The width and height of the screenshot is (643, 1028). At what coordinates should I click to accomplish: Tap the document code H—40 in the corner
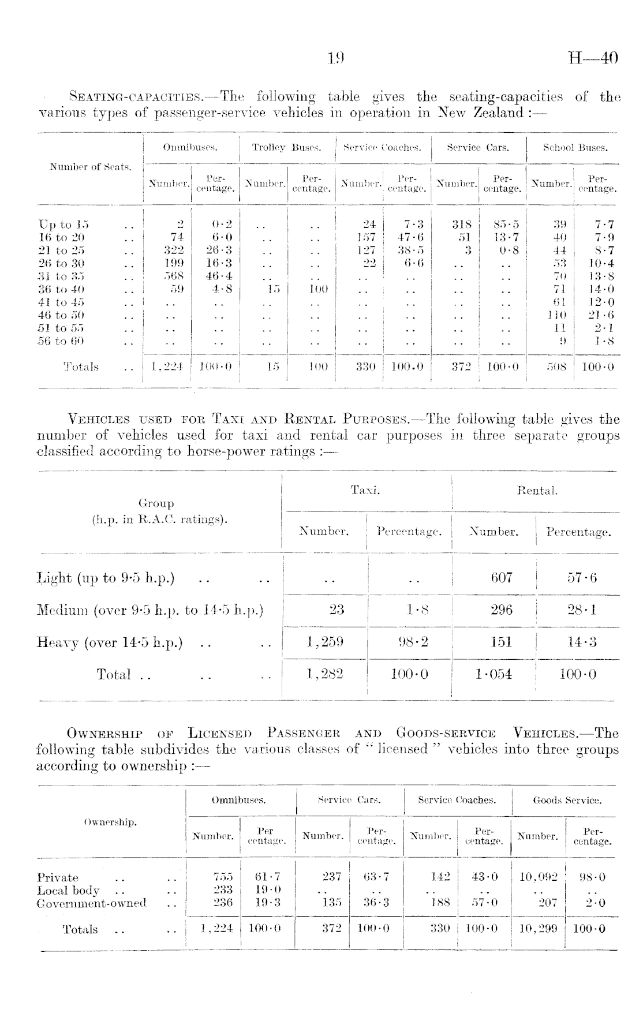593,58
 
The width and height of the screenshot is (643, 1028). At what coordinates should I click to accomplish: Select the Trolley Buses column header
287,148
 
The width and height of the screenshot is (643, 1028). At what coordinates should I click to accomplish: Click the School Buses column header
575,148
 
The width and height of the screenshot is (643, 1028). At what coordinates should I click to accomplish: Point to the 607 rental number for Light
501,578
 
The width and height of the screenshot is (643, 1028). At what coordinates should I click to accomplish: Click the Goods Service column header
567,801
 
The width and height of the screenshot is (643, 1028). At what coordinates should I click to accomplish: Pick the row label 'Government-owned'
91,903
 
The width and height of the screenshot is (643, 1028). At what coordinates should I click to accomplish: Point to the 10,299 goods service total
538,929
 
